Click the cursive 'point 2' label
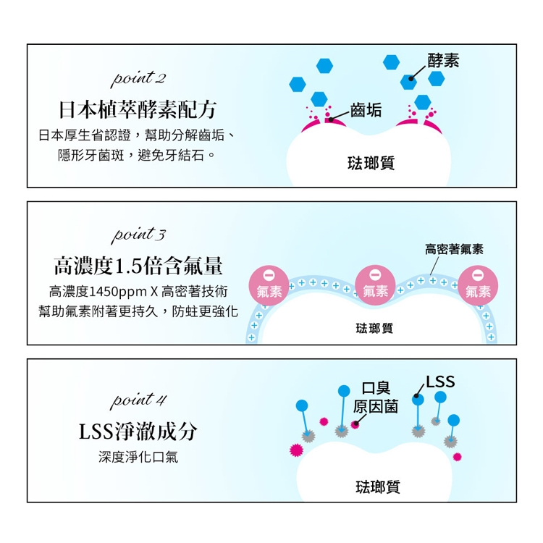coord(138,79)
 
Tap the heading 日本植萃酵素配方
coord(138,109)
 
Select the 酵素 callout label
coord(443,61)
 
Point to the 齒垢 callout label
coord(366,111)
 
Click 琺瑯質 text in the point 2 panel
coord(371,163)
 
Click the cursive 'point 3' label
coord(138,235)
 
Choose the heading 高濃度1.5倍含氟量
coord(138,266)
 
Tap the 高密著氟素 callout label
coord(454,249)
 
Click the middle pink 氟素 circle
coord(375,285)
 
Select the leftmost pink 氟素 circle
coord(269,285)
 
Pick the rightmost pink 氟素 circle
coord(478,285)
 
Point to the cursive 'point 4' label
coord(138,400)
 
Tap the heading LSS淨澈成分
coord(138,432)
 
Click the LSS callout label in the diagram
coord(440,382)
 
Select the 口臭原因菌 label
coord(376,397)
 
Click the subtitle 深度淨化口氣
coord(138,457)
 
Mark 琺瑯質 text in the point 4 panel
coord(378,487)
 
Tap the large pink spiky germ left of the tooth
coord(296,450)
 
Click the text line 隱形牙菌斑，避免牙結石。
coord(137,155)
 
